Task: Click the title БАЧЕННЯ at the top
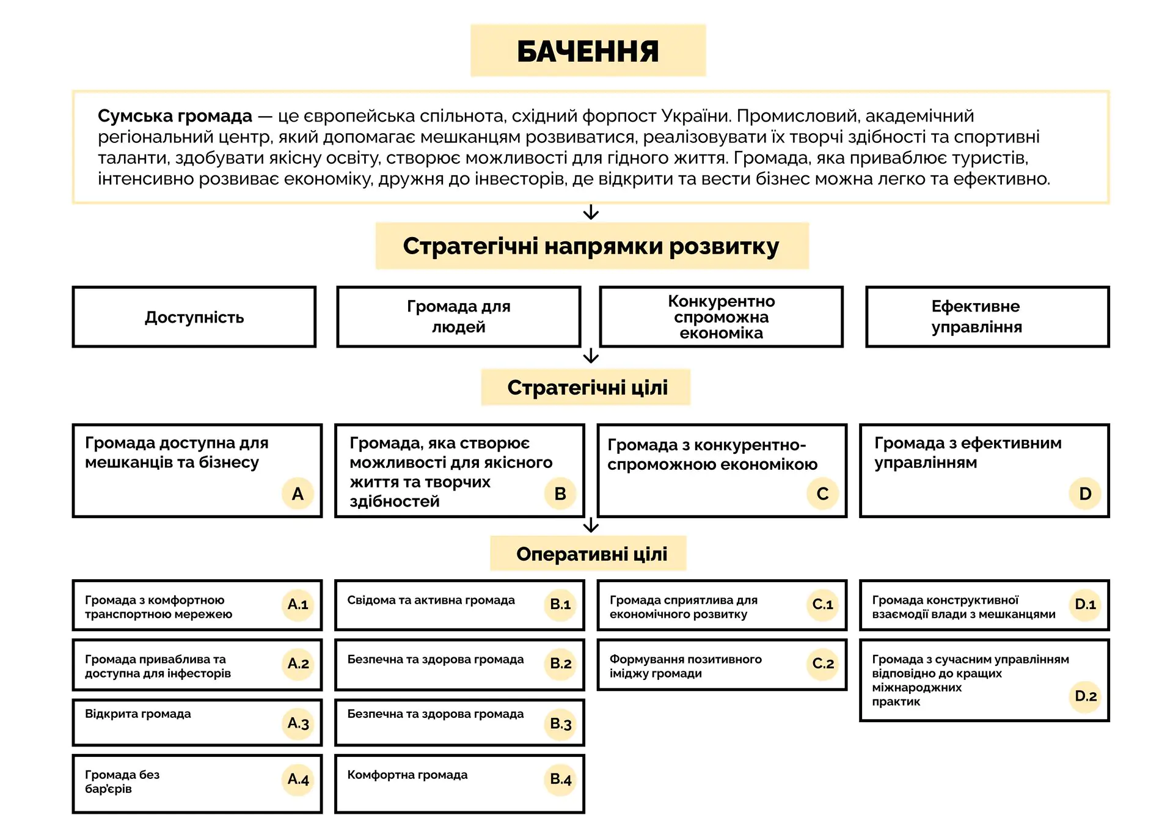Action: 588,51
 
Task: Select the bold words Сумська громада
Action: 175,115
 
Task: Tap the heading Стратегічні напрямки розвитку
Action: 591,246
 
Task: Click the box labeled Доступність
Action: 194,317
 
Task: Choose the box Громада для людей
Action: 458,316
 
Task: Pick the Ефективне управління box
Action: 976,316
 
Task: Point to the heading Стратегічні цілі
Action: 587,387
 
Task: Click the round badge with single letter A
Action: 298,493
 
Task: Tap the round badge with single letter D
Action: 1085,493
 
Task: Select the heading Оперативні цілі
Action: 591,554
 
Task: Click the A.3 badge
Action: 298,723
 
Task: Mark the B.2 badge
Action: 560,663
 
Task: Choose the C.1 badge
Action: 822,604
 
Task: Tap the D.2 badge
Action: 1085,696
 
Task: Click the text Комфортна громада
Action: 407,775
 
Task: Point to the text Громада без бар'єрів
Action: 122,781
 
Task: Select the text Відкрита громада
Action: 138,714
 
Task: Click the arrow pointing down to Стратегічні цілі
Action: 591,356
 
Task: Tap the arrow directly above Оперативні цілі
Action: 591,525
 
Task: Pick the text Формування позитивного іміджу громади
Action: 685,666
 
